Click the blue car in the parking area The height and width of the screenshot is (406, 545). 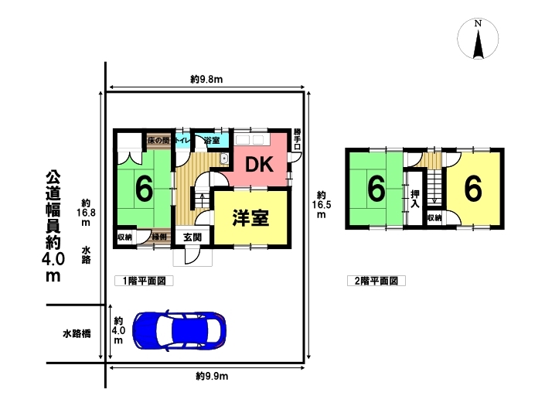[x=179, y=330]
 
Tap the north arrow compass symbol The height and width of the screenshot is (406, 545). [x=478, y=39]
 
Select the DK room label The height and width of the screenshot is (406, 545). [x=259, y=165]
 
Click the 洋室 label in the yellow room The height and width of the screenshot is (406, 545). [x=250, y=217]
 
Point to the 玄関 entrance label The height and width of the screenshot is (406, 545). [x=192, y=237]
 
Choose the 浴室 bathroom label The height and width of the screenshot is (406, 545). [x=212, y=141]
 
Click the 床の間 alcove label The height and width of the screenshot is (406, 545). [x=158, y=141]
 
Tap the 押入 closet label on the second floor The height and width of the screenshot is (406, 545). [x=414, y=199]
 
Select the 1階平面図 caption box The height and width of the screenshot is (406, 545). [x=144, y=281]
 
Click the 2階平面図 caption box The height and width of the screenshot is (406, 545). [x=376, y=281]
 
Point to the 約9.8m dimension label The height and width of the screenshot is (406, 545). [x=206, y=79]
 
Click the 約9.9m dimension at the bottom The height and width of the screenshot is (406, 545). [x=212, y=376]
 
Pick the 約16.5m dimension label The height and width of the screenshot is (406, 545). [x=321, y=205]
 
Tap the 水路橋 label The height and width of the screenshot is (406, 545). [x=77, y=334]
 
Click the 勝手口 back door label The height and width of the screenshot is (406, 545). [x=297, y=139]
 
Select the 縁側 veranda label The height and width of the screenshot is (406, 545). [x=159, y=237]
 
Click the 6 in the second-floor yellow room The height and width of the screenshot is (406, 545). [x=472, y=189]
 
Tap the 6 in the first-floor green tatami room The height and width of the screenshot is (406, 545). [x=144, y=189]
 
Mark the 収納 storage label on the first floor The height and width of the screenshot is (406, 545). [x=124, y=237]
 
